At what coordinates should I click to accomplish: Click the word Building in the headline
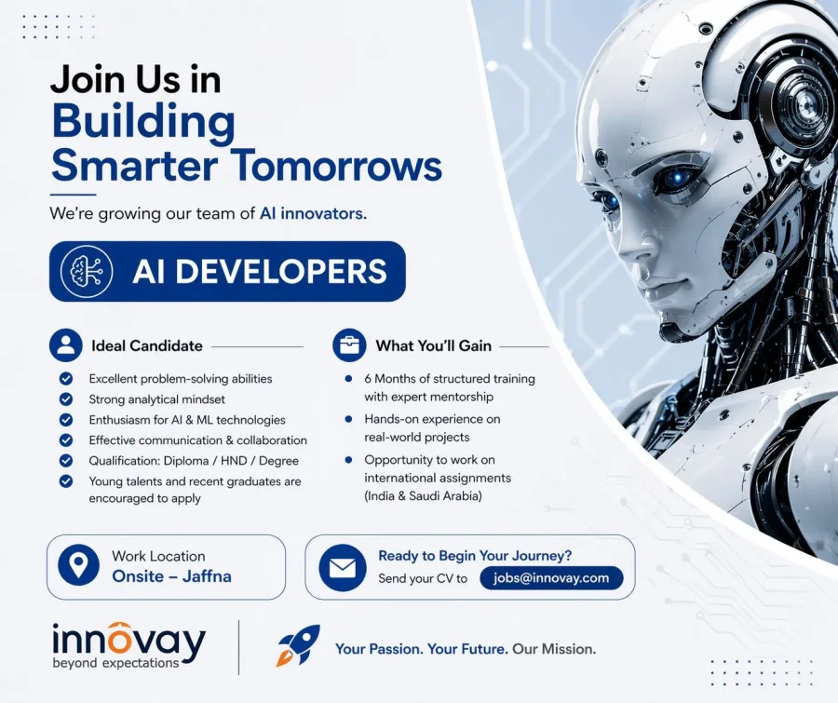(143, 123)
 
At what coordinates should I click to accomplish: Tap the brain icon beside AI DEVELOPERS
(86, 271)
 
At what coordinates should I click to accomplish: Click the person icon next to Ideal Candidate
(66, 345)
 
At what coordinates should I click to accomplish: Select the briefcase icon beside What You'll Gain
(349, 345)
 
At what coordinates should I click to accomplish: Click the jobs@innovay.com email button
(551, 578)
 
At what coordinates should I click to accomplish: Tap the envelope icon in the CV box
(342, 568)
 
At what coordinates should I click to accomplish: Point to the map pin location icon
(78, 566)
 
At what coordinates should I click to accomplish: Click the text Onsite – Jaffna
(171, 576)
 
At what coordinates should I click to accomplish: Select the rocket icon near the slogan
(298, 645)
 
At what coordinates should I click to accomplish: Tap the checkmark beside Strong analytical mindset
(66, 399)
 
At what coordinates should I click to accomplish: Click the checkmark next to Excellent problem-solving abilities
(66, 379)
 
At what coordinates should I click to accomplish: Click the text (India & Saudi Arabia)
(422, 496)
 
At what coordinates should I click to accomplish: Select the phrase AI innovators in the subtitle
(312, 213)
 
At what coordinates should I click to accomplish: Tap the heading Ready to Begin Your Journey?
(475, 556)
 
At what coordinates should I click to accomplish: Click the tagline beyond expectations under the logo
(115, 663)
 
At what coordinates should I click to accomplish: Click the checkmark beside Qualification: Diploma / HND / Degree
(66, 461)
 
